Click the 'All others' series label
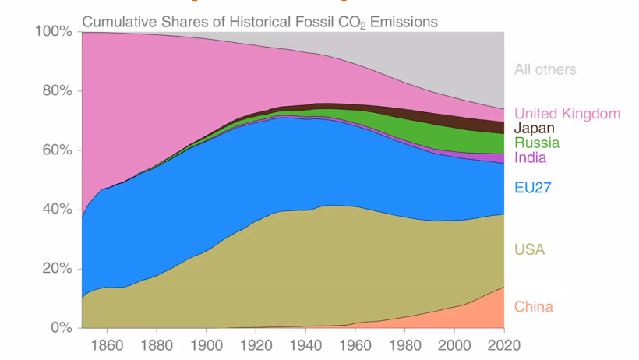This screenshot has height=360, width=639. (x=545, y=69)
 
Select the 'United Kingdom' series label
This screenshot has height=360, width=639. (x=567, y=114)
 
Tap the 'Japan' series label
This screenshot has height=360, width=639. (x=535, y=129)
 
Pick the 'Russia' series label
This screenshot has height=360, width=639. (x=536, y=143)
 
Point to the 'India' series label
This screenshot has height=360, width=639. (x=530, y=157)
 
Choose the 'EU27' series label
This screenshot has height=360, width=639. (x=532, y=187)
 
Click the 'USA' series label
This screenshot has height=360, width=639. (x=529, y=250)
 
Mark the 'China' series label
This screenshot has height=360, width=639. (x=534, y=306)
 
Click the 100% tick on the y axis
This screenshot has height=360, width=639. (x=54, y=32)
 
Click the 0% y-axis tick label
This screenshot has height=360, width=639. (x=61, y=328)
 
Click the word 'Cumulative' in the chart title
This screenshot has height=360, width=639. (x=119, y=21)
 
